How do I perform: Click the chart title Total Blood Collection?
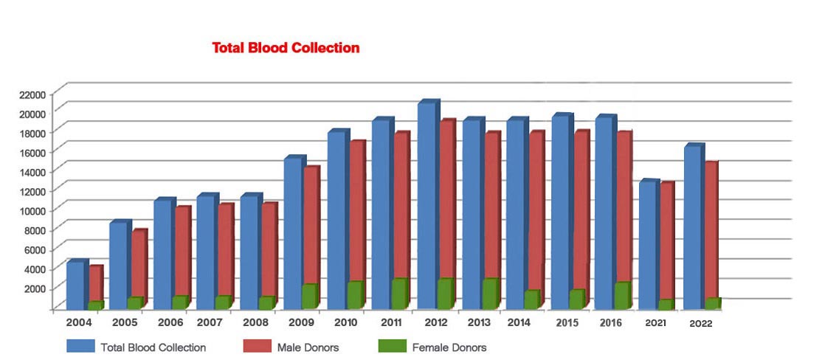pyautogui.click(x=286, y=48)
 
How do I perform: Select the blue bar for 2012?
pyautogui.click(x=427, y=207)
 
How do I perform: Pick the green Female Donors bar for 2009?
pyautogui.click(x=309, y=296)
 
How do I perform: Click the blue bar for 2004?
pyautogui.click(x=75, y=285)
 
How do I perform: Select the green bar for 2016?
pyautogui.click(x=622, y=295)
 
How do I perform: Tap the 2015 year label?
pyautogui.click(x=567, y=322)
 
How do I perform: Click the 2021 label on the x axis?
pyautogui.click(x=656, y=323)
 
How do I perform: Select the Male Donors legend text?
pyautogui.click(x=308, y=347)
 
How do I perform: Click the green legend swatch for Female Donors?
pyautogui.click(x=392, y=346)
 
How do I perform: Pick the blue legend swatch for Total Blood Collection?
pyautogui.click(x=81, y=346)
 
